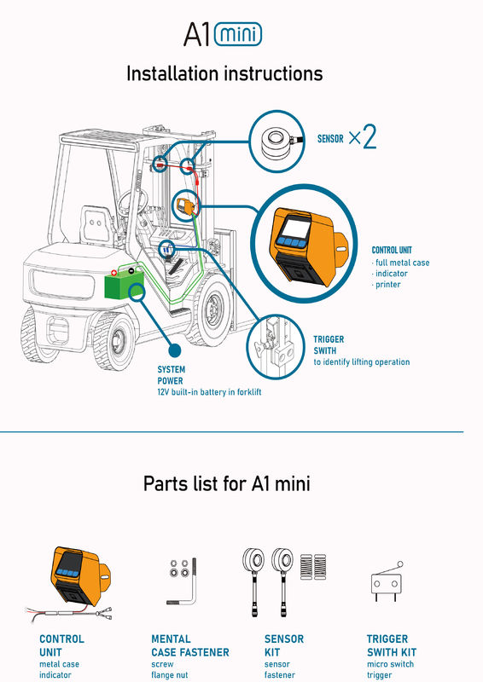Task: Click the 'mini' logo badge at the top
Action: click(238, 34)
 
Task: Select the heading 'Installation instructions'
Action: click(224, 73)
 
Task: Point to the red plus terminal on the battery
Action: click(113, 273)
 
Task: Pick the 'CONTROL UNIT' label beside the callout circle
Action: click(392, 250)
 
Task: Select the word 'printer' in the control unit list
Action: click(388, 285)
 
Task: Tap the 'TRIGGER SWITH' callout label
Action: click(329, 345)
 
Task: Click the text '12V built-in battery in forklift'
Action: click(209, 392)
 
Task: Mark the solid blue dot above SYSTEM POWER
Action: click(175, 350)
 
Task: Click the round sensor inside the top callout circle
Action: click(277, 142)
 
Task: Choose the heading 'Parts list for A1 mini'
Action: click(227, 483)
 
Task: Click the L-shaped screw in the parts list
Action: click(187, 582)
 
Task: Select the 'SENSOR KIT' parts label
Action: click(284, 645)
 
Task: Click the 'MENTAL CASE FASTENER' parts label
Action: click(190, 645)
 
